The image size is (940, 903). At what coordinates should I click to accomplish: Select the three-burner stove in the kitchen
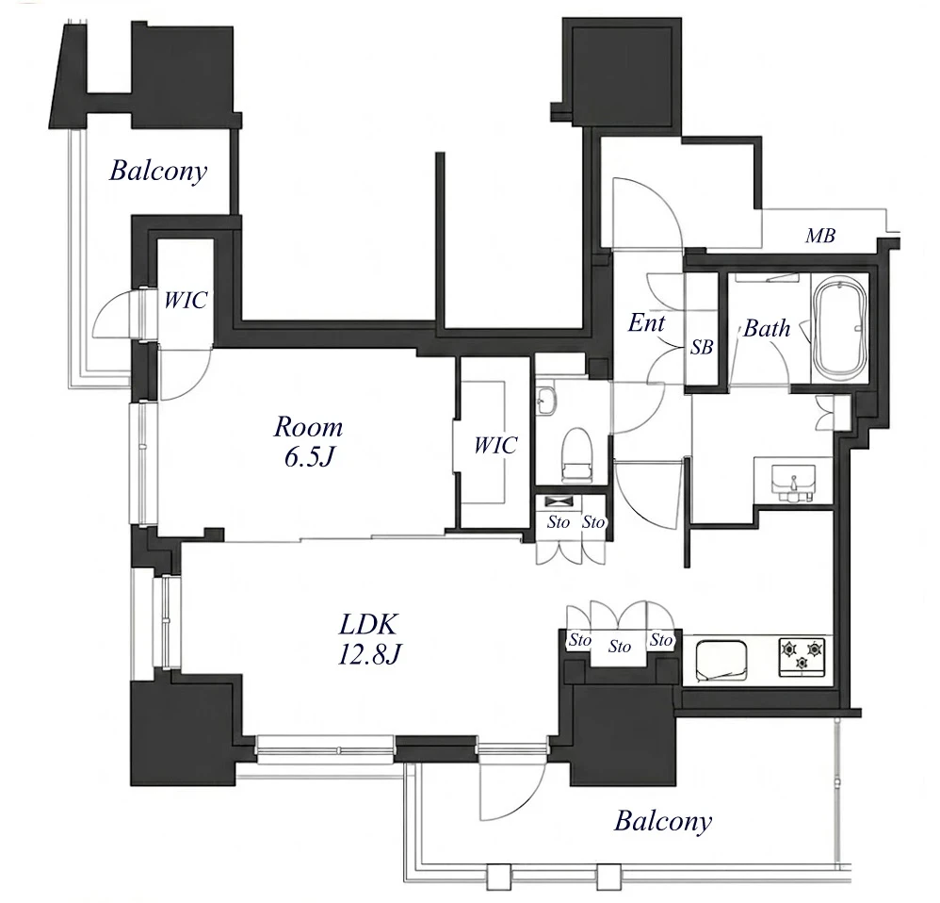(x=802, y=658)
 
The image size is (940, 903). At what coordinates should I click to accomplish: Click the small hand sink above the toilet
(x=546, y=401)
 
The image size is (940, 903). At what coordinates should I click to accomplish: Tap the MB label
(x=820, y=236)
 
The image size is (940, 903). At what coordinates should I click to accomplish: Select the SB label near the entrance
(x=702, y=347)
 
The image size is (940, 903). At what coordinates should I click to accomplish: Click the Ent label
(x=646, y=322)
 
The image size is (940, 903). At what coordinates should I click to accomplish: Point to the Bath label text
(x=767, y=328)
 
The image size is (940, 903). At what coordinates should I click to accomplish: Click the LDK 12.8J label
(x=368, y=640)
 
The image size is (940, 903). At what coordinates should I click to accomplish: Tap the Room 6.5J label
(x=308, y=441)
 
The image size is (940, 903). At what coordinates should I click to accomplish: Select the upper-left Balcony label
(x=158, y=171)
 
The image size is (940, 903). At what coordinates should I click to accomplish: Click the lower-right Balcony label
(x=663, y=821)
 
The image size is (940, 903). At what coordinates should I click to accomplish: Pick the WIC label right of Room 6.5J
(x=495, y=445)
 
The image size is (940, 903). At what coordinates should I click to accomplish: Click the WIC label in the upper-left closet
(x=186, y=300)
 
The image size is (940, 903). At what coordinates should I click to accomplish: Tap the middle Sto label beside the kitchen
(x=619, y=647)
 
